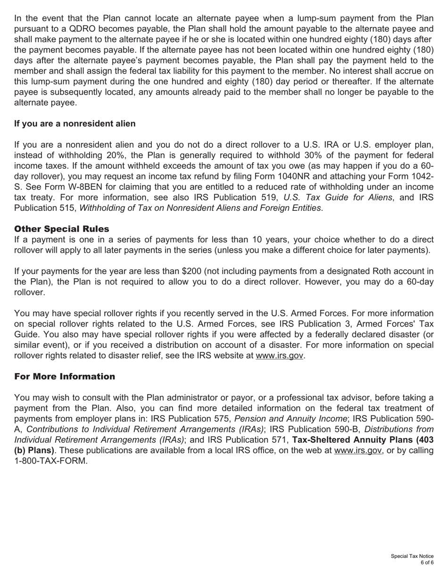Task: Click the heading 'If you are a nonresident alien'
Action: click(x=75, y=124)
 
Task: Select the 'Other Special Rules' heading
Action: click(x=61, y=229)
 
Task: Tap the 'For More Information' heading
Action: click(x=65, y=376)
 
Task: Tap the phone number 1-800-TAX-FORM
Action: click(x=51, y=461)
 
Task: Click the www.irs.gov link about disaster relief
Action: click(x=280, y=356)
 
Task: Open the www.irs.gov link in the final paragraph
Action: click(x=358, y=450)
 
